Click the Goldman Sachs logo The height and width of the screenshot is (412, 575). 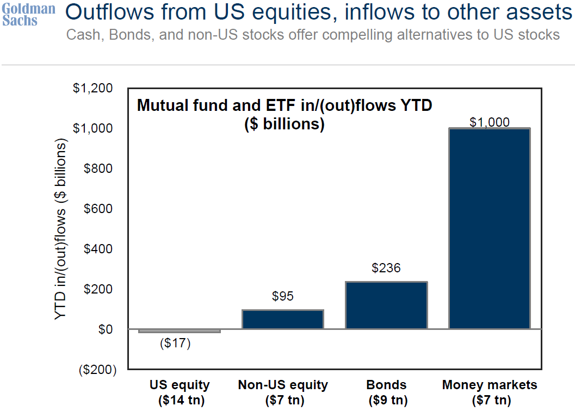(29, 15)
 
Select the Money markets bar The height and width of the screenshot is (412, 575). (489, 228)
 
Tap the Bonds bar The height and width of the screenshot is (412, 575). (386, 305)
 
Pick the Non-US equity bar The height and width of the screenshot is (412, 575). (283, 319)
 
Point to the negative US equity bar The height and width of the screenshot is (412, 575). (180, 330)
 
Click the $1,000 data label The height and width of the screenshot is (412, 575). (490, 122)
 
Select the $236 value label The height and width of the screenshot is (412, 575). (386, 268)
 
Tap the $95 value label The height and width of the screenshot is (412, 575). (283, 296)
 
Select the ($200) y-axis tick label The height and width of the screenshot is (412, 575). (97, 370)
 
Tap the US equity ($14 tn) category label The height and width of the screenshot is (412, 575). (180, 392)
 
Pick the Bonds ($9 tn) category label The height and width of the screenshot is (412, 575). (386, 392)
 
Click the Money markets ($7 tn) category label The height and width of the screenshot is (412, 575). (490, 392)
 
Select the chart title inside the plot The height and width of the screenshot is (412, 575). (284, 114)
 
